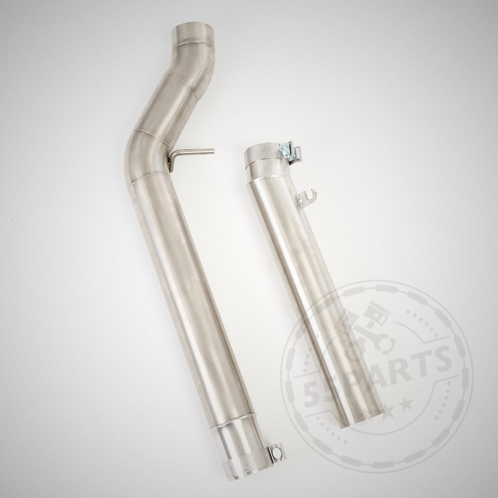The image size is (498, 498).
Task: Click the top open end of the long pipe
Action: (195, 28)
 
